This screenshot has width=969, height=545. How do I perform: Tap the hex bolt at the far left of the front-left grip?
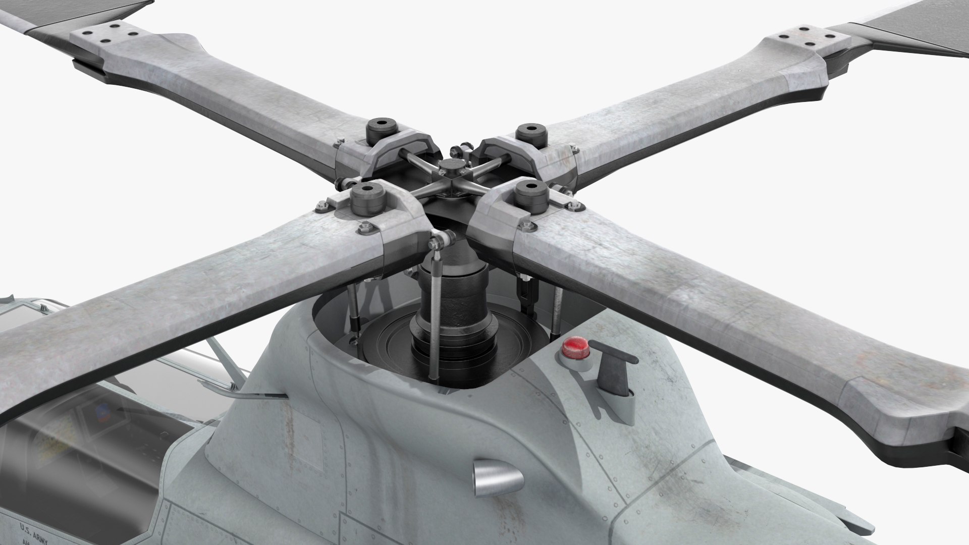pos(320,206)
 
